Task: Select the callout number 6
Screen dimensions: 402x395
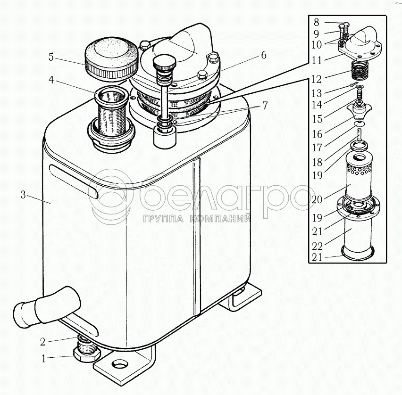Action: click(x=262, y=55)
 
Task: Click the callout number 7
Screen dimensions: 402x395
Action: click(x=265, y=106)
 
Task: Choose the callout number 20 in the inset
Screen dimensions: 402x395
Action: click(x=318, y=199)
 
